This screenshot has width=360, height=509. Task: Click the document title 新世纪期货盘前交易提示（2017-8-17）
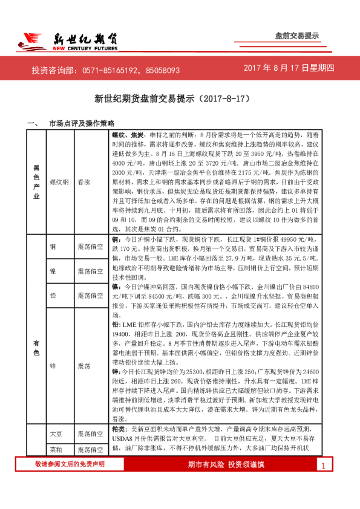tap(180, 97)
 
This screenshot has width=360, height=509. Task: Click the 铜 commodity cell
tap(53, 247)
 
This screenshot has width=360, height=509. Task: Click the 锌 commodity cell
tap(53, 366)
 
